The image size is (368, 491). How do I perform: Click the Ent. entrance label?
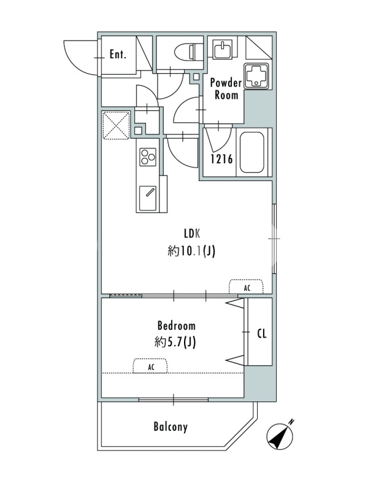coord(118,55)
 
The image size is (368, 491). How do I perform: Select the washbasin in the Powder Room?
coord(223,49)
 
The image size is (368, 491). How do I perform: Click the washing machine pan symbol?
coord(256,76)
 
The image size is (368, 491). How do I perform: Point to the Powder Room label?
coord(226,88)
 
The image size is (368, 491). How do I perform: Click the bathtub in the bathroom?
coord(251,152)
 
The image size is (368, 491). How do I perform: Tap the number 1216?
coord(221,159)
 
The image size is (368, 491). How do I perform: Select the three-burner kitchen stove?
coord(148,156)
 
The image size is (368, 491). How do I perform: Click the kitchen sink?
coord(148,198)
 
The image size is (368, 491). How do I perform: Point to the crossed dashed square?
coord(116,125)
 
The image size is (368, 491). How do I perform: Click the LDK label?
coord(192,234)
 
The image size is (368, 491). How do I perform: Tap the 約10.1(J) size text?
coord(191,251)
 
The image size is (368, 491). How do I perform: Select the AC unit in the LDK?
coord(247,286)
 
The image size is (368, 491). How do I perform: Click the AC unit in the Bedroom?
coord(150,366)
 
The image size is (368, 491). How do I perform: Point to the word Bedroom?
coord(176,326)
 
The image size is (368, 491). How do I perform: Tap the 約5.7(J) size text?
coord(175,342)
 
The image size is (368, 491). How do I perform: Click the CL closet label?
coord(262,333)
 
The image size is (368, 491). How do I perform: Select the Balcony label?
coord(171,427)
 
